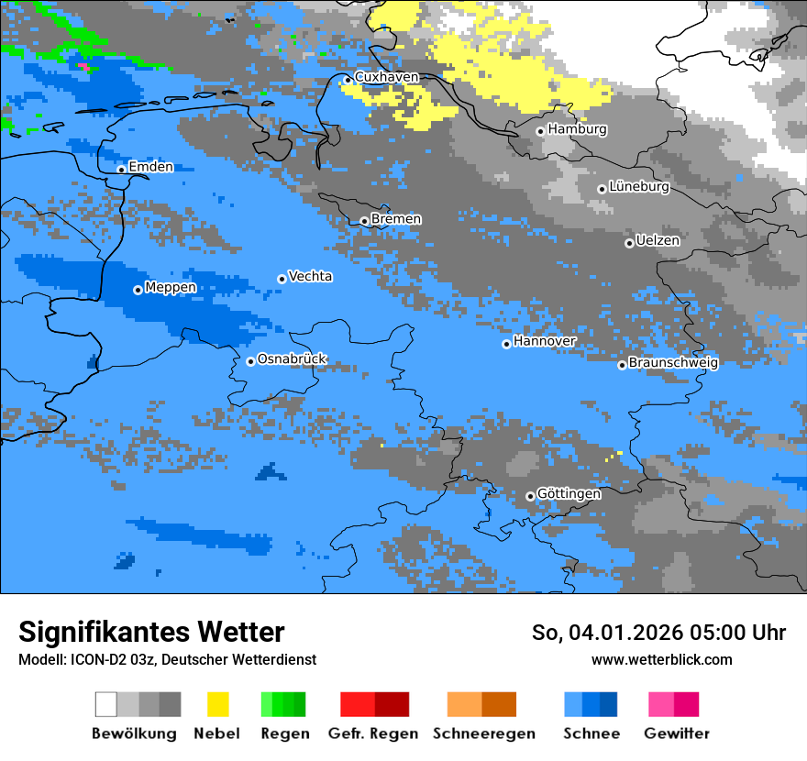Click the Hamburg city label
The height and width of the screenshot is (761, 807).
pos(577,129)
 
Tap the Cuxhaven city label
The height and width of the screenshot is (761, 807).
pos(386,77)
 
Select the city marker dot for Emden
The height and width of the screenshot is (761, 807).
pos(121,170)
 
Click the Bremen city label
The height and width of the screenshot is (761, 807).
pos(396,219)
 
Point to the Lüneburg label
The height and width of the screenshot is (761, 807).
pos(639,187)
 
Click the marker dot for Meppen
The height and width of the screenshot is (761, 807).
pos(138,290)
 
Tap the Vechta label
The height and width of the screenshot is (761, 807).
pos(310,276)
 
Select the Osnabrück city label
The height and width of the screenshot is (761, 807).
pos(292,359)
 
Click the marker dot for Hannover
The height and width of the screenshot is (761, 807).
pos(506,344)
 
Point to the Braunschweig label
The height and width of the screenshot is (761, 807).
pos(673,363)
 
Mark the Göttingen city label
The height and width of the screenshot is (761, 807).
pos(569,494)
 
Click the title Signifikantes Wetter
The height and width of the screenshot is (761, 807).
pos(151,633)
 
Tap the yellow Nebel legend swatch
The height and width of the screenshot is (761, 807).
pos(217,704)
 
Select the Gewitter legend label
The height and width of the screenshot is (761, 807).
pos(676,733)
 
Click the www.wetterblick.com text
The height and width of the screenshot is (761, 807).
pos(661,660)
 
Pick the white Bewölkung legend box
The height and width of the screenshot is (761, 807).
pos(106,704)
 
